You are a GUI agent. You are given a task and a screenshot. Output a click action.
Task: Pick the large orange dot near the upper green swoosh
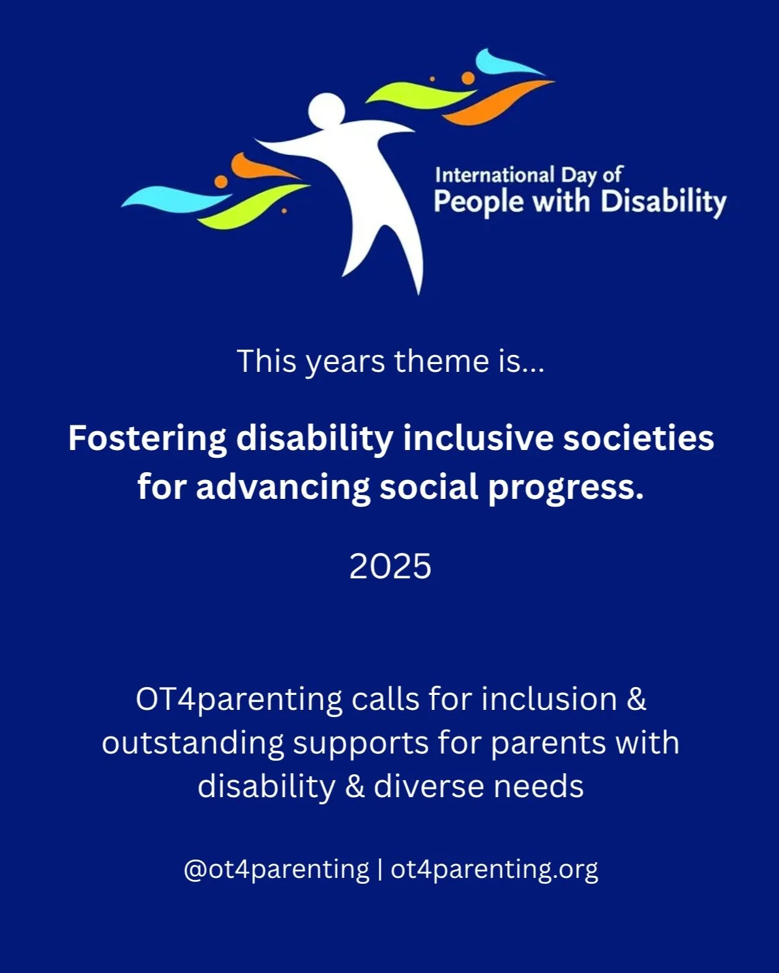pos(467,78)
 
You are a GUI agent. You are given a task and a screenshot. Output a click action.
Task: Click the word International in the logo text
pos(494,175)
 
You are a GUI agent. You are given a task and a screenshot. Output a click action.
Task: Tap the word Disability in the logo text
pos(662,202)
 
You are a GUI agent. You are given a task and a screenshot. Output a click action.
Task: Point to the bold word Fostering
pos(147,438)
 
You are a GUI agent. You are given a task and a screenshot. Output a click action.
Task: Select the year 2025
pos(390,566)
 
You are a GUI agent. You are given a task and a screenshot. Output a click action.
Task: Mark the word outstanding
pos(193,743)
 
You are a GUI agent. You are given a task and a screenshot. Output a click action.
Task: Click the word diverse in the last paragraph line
pos(428,786)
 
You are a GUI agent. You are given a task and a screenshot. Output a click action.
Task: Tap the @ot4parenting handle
pos(276,869)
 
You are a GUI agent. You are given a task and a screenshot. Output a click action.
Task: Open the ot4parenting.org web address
pos(493,869)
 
